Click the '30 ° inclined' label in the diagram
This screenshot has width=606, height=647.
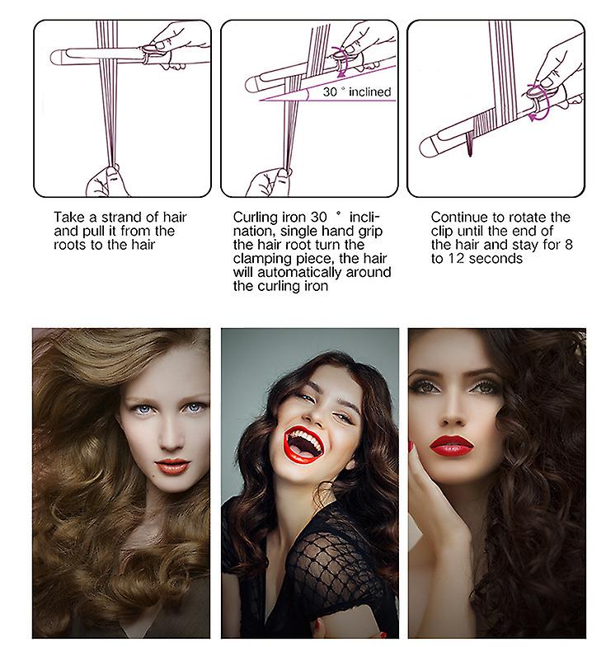click(x=357, y=91)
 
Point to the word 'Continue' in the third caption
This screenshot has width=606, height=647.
click(x=458, y=217)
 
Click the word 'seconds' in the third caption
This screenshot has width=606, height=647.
click(x=496, y=259)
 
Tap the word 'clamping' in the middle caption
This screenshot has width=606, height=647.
click(x=262, y=259)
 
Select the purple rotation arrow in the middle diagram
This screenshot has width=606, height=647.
click(x=341, y=62)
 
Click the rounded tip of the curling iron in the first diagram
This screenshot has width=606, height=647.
click(x=56, y=58)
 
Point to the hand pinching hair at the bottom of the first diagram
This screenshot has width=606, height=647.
click(x=104, y=181)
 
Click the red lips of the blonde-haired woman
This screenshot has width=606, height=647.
click(x=172, y=466)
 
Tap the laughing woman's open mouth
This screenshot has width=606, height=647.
click(x=303, y=444)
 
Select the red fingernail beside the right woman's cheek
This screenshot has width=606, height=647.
click(x=411, y=446)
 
